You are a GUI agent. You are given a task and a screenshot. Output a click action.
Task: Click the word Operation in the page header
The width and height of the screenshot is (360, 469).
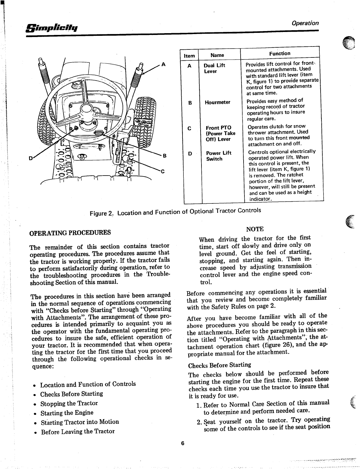pos(305,23)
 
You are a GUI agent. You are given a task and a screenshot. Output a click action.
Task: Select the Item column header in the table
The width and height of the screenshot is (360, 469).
pos(189,56)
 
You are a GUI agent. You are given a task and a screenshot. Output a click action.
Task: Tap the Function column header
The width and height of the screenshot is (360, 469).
pos(280,53)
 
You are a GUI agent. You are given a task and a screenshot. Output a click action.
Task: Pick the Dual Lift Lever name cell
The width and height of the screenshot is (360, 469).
pos(214,68)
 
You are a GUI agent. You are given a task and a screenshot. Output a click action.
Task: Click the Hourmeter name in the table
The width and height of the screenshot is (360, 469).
pos(217,102)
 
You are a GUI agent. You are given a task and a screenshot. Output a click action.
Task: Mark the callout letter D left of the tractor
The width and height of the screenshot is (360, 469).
pos(31,158)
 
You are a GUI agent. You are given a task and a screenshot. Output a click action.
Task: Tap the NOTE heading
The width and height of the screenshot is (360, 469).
pos(255,229)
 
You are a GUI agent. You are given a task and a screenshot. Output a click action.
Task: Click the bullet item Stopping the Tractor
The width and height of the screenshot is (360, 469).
pos(69,404)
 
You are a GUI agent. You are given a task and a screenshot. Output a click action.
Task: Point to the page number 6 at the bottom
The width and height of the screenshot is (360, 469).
pos(183,443)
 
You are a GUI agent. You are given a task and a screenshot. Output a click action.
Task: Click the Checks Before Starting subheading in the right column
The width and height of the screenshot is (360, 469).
pos(220,365)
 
